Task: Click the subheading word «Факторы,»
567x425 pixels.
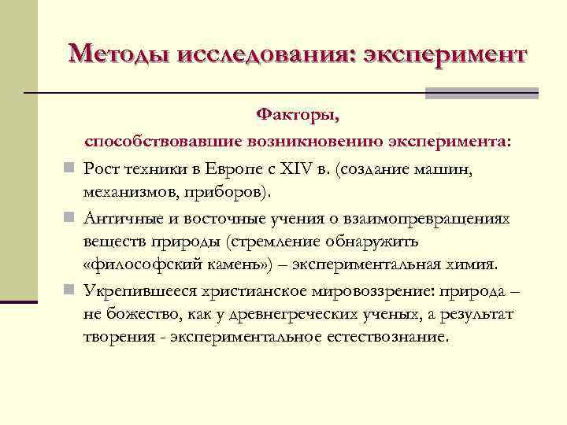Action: [298, 116]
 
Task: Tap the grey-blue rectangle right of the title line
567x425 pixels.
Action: [481, 94]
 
